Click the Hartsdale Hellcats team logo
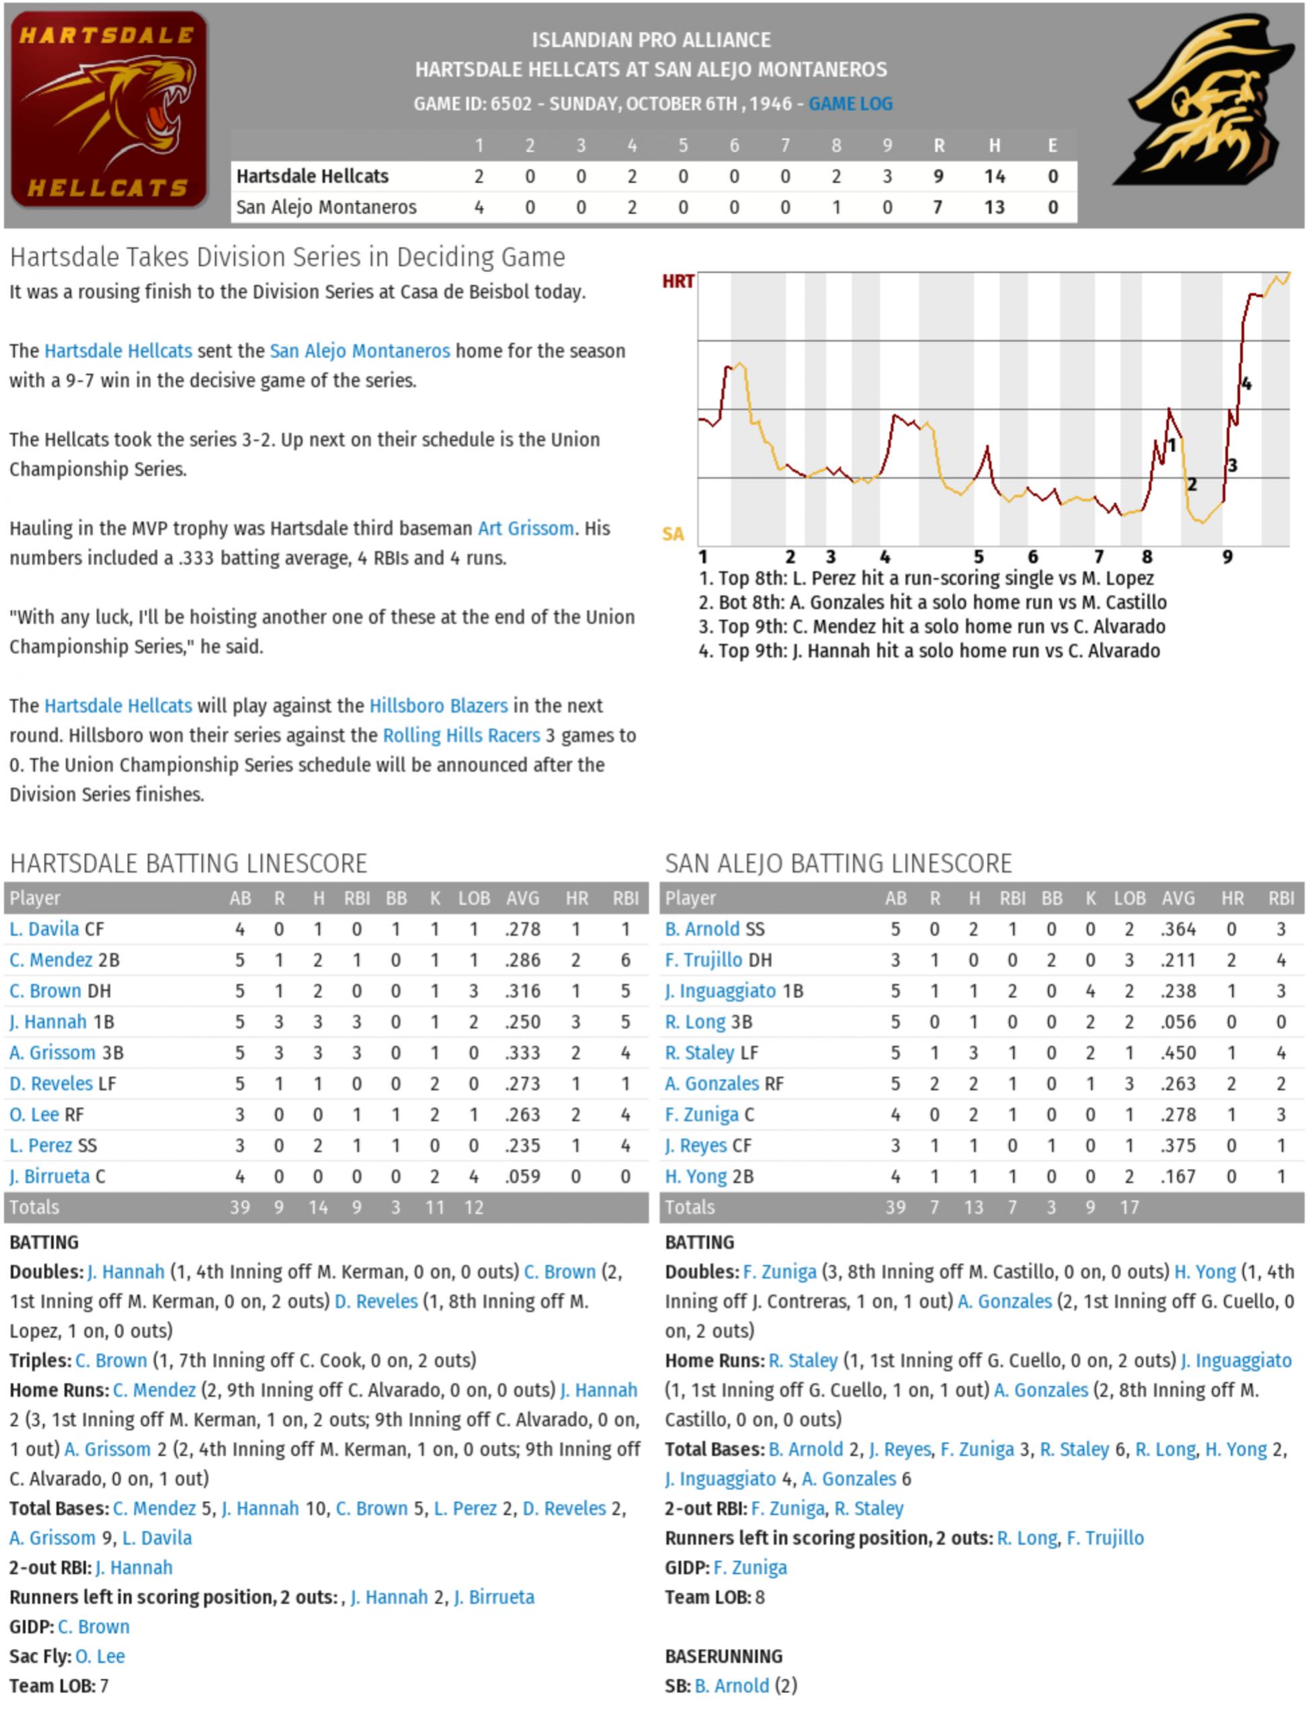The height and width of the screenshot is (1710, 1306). coord(108,110)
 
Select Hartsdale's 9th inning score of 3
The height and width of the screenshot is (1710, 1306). coord(887,177)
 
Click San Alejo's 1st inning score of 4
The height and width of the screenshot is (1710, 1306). coord(479,208)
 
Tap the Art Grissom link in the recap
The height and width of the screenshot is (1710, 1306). coord(526,529)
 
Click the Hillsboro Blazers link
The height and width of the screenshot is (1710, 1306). coord(438,706)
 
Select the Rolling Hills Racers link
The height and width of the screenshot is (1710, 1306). coord(461,736)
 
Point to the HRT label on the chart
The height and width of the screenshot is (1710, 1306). coord(678,282)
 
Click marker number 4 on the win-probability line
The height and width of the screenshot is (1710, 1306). coord(1246,384)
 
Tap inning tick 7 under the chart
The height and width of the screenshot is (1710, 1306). coord(1098,557)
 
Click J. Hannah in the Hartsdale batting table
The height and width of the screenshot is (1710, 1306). coord(48,1022)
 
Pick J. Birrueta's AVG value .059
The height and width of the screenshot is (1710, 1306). coord(522,1177)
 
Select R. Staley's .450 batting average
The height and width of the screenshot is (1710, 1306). coord(1178,1053)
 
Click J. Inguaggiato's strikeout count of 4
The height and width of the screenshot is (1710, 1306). coord(1090,991)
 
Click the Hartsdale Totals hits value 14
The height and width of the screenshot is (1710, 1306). coord(318,1208)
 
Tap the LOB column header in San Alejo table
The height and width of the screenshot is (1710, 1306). coord(1129,899)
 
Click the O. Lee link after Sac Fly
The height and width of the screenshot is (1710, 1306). coord(100,1656)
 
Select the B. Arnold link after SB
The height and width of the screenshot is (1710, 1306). coord(731,1686)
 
